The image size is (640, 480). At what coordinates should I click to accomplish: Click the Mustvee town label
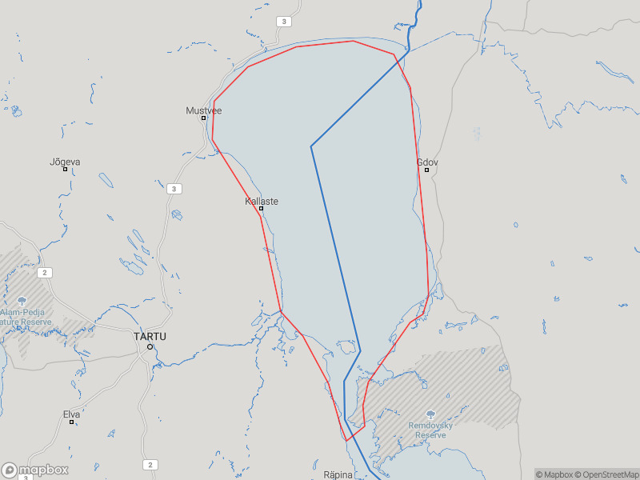coord(203,110)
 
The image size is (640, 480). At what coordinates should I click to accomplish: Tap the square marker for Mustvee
coord(203,118)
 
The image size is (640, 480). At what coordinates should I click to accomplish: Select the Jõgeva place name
coord(65,162)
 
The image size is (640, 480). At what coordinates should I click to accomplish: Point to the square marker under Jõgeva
coord(65,169)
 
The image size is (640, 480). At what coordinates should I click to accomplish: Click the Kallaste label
coord(262,201)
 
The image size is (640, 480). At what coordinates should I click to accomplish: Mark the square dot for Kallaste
coord(261,209)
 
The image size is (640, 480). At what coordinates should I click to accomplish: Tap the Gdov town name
coord(427,162)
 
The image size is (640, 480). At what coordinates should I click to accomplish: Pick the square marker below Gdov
coord(426,170)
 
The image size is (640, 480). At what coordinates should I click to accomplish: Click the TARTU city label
coord(150,337)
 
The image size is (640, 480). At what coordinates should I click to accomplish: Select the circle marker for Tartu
coord(150,346)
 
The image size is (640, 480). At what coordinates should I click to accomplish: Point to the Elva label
coord(71,414)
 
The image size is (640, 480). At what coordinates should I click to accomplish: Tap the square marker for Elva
coord(71,422)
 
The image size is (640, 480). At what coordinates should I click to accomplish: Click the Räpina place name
coord(338,474)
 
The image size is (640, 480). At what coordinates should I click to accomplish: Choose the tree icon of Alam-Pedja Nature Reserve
coord(22,301)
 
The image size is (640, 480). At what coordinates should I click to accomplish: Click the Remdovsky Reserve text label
coord(430,430)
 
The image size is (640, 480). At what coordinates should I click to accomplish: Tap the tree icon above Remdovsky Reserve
coord(430,414)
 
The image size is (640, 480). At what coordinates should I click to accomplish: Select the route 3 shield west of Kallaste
coord(175,189)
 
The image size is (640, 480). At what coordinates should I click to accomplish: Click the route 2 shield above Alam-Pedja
coord(46,273)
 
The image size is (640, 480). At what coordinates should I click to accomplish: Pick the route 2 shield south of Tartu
coord(150,465)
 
